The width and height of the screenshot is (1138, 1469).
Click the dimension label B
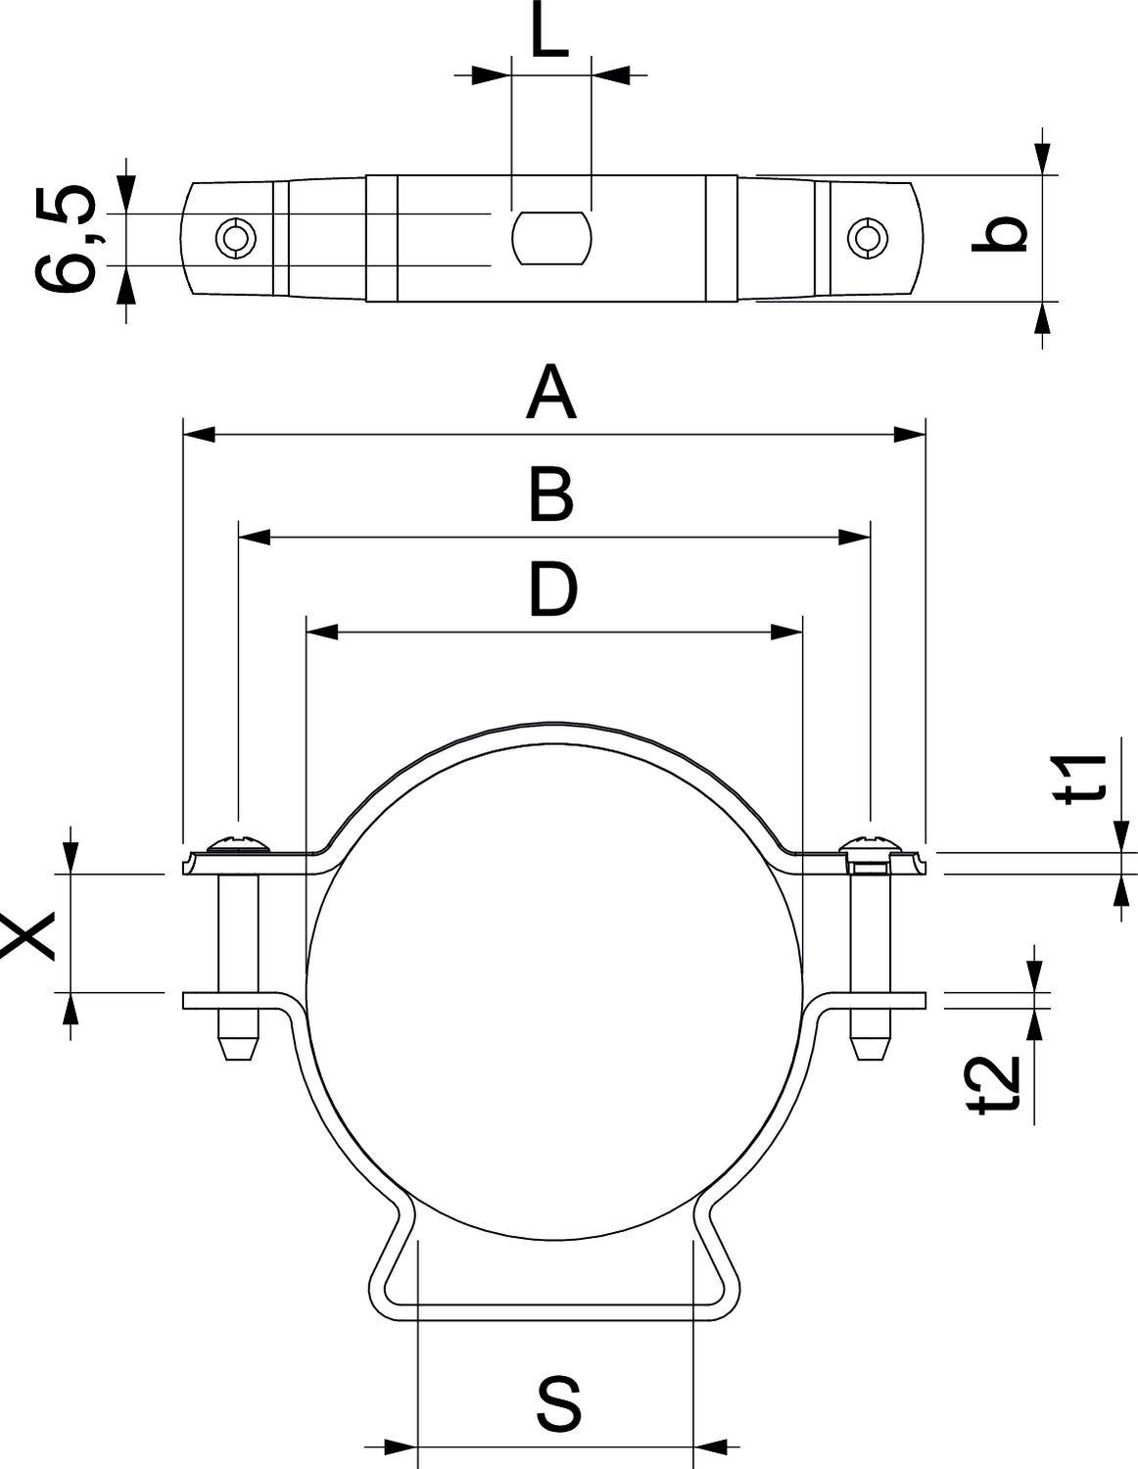551,495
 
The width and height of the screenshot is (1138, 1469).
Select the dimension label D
553,591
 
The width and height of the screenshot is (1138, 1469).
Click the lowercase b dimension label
999,235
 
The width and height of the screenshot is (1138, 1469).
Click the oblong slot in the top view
551,238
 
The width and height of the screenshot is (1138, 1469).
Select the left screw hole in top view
236,238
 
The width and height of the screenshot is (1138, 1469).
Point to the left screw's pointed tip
236,1047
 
